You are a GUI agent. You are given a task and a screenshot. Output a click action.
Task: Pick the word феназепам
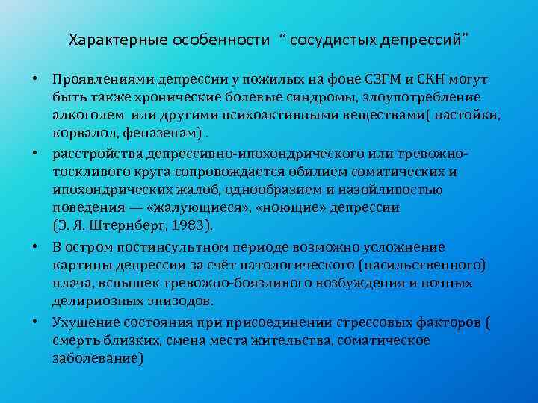[x=158, y=133]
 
